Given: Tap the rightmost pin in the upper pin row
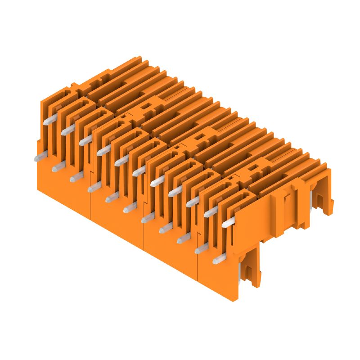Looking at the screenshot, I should point(228,222).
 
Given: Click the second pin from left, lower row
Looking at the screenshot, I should point(58,167).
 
